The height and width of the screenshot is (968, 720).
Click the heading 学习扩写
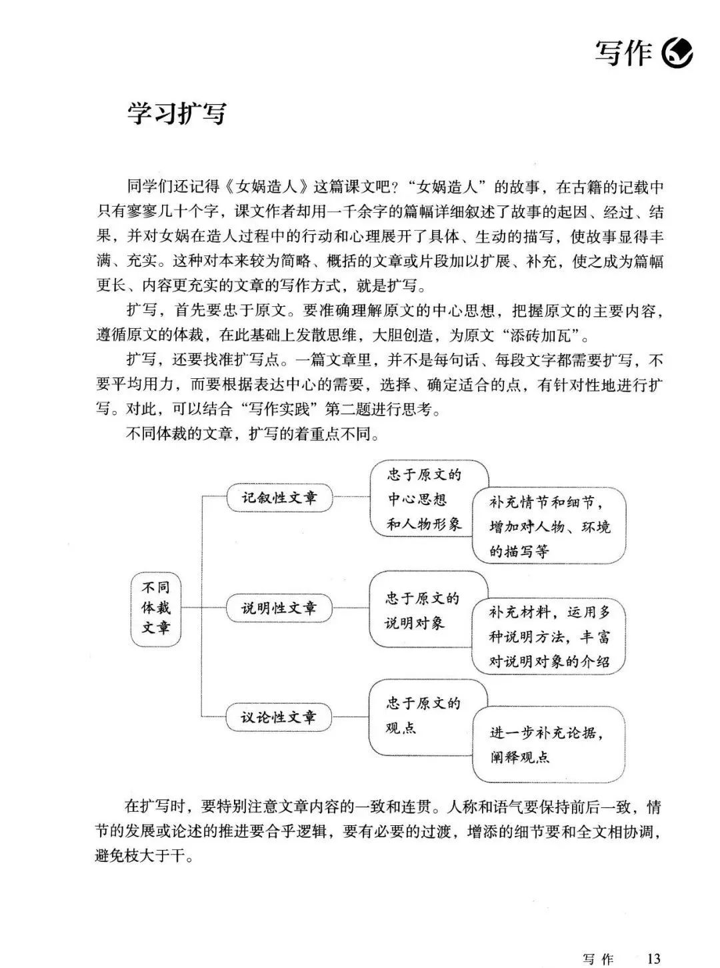(177, 114)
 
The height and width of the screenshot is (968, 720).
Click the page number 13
(653, 958)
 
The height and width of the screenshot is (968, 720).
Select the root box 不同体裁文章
(155, 608)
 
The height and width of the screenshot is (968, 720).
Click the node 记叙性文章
(279, 498)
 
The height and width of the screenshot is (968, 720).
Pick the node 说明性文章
(279, 608)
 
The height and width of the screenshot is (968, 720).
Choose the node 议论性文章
(279, 718)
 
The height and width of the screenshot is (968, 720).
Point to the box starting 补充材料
(549, 637)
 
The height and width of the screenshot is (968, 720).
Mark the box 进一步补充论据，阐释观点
(549, 745)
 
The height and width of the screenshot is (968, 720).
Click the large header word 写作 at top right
(623, 53)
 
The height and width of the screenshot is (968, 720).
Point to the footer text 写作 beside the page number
(597, 959)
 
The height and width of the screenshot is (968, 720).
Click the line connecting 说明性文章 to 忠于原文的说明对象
(351, 608)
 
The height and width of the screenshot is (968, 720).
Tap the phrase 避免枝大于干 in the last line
(143, 857)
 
